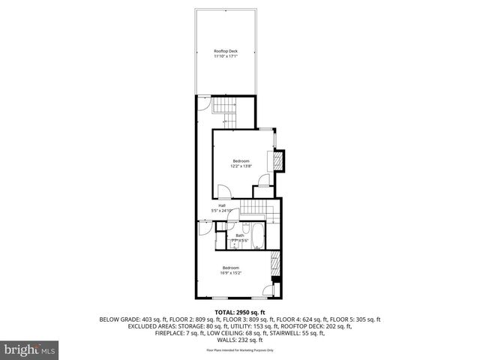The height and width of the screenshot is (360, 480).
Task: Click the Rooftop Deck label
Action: pyautogui.click(x=225, y=51)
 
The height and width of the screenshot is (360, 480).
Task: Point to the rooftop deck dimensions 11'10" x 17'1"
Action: pyautogui.click(x=225, y=56)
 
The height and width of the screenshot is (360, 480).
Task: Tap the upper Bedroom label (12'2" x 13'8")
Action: pyautogui.click(x=240, y=161)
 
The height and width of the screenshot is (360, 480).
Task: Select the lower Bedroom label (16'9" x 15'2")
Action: pyautogui.click(x=230, y=268)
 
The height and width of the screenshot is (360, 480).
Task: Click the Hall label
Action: pyautogui.click(x=222, y=205)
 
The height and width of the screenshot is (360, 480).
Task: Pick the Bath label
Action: pyautogui.click(x=240, y=235)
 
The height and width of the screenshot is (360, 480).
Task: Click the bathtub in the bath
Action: pyautogui.click(x=255, y=235)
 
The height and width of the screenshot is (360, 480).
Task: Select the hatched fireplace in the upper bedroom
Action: pyautogui.click(x=278, y=160)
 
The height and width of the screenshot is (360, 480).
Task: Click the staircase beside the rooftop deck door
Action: pyautogui.click(x=223, y=109)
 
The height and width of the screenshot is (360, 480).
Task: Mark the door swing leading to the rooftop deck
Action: pyautogui.click(x=203, y=103)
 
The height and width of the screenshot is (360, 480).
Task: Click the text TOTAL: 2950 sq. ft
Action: pyautogui.click(x=240, y=311)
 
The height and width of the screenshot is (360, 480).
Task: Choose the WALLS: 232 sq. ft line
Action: pyautogui.click(x=240, y=339)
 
